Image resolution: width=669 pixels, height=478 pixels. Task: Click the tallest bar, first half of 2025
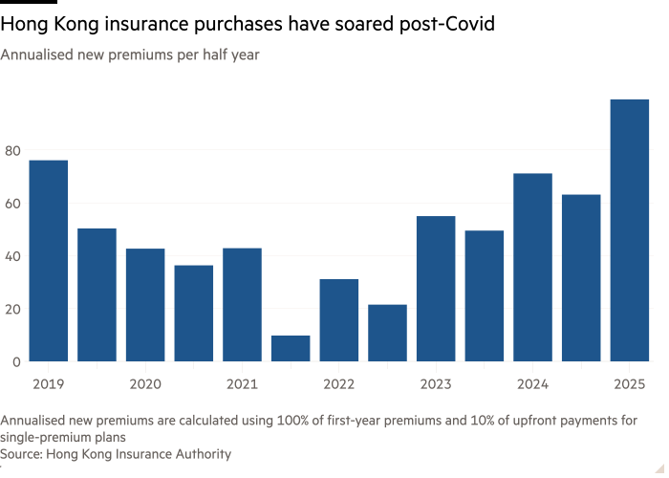(630, 230)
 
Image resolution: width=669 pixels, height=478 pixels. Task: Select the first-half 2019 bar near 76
(49, 260)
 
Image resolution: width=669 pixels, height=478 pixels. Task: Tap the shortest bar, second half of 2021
(291, 348)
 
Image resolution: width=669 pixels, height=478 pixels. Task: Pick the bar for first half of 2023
(436, 289)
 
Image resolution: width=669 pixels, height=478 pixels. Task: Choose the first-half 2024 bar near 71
(532, 268)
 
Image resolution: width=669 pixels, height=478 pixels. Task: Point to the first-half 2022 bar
(339, 319)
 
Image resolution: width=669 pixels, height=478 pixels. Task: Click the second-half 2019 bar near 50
(97, 294)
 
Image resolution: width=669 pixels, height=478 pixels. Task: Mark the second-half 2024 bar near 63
(581, 278)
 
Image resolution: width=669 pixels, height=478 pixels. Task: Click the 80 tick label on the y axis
(11, 150)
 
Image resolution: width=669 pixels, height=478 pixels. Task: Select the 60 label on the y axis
(11, 204)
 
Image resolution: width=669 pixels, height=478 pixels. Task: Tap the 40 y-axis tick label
(11, 256)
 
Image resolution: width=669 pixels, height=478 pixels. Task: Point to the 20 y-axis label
(11, 309)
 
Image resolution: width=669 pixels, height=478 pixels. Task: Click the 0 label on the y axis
(15, 362)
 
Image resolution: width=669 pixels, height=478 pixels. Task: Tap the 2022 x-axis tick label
(338, 383)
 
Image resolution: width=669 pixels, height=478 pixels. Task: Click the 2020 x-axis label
(143, 383)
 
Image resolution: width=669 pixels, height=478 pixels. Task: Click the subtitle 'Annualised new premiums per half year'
(129, 55)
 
